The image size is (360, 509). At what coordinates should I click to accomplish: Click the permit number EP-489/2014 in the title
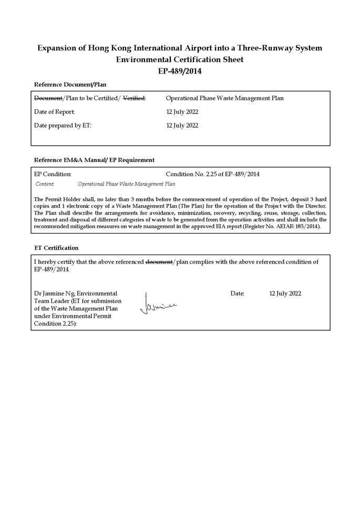[x=180, y=71]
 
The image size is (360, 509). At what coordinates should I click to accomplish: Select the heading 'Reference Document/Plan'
[x=70, y=84]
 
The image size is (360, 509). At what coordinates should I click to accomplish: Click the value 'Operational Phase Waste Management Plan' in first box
[x=224, y=98]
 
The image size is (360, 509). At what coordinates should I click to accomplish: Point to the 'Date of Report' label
[x=55, y=112]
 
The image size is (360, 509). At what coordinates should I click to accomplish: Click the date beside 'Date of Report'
[x=182, y=112]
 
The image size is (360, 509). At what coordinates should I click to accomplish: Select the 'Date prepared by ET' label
[x=63, y=126]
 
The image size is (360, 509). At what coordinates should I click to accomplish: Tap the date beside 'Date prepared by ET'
[x=182, y=126]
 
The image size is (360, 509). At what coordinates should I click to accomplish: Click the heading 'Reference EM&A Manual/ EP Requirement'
[x=94, y=160]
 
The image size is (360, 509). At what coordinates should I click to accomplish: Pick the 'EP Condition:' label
[x=53, y=174]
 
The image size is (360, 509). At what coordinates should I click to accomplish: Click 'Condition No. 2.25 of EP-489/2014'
[x=212, y=174]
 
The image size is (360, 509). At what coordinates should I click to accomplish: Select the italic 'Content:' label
[x=45, y=185]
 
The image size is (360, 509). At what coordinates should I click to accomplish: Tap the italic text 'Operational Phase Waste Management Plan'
[x=126, y=185]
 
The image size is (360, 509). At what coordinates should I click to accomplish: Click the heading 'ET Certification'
[x=56, y=248]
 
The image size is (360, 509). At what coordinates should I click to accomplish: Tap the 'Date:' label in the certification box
[x=238, y=293]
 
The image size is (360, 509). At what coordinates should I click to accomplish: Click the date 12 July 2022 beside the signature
[x=285, y=293]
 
